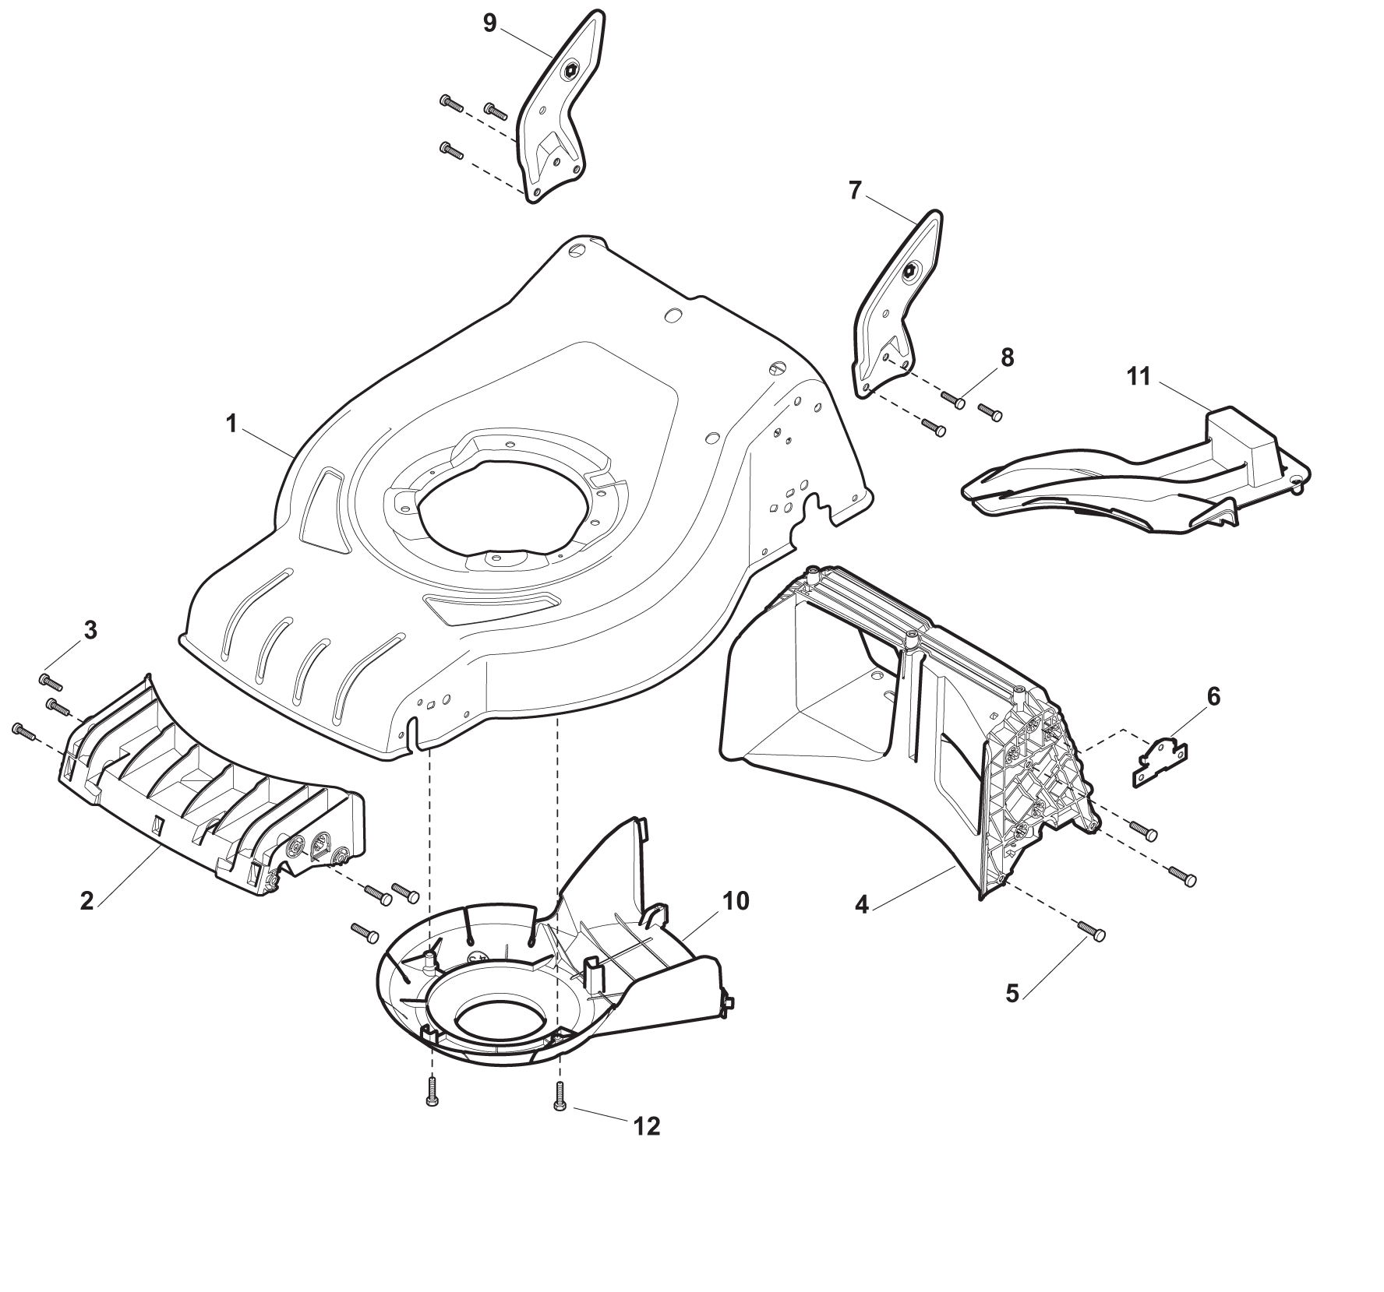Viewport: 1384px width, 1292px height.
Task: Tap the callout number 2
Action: coord(87,901)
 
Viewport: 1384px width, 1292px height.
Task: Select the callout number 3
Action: coord(90,631)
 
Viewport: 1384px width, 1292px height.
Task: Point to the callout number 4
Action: coord(861,906)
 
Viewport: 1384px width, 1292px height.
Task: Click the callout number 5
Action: coord(1012,994)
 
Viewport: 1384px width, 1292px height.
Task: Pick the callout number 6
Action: coord(1213,696)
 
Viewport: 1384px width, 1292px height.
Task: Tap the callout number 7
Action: coord(855,190)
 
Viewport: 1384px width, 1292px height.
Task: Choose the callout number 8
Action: coord(1007,357)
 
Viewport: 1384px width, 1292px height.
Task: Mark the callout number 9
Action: coord(489,23)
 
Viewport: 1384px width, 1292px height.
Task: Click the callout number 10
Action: coord(736,901)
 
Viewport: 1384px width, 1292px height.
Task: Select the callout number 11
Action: coord(1139,377)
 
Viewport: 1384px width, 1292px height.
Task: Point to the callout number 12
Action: coord(648,1126)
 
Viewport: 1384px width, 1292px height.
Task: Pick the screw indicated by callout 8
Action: coord(954,399)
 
